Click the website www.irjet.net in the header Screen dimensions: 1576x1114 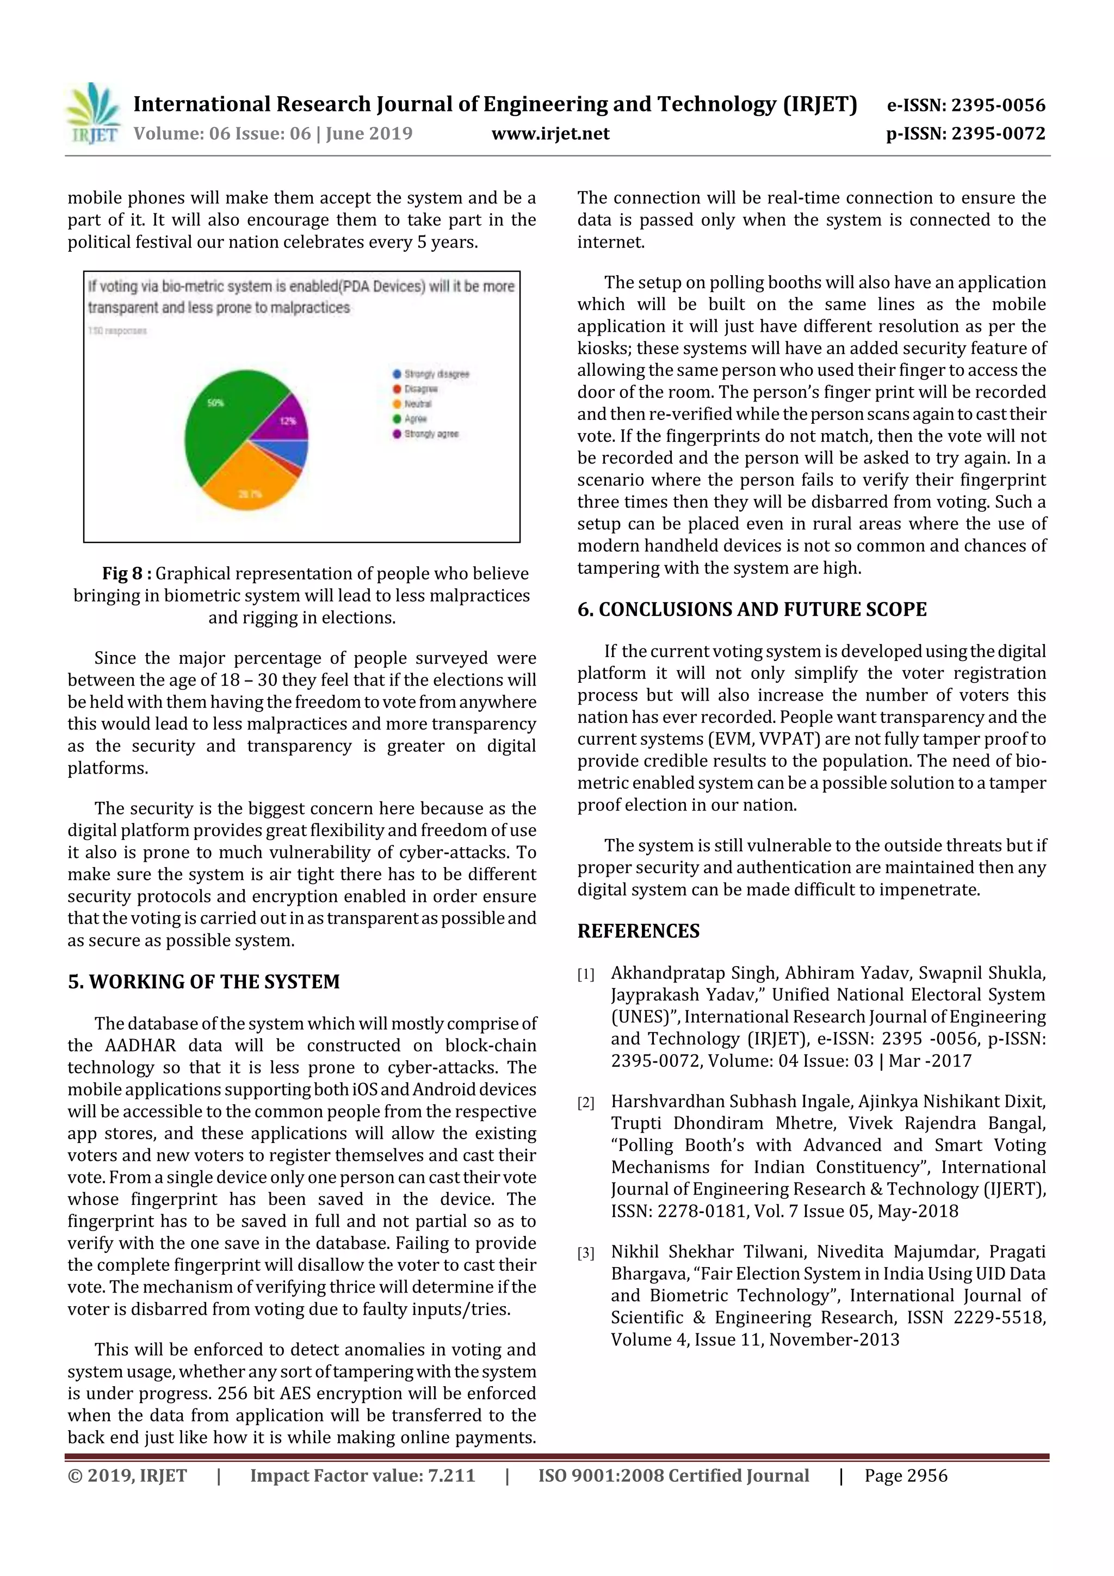pos(550,133)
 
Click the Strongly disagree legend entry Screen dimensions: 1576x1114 pos(430,374)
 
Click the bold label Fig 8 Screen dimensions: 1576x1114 pos(126,573)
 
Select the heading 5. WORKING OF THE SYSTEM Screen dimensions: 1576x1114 pos(204,981)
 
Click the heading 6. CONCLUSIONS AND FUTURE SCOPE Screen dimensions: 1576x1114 pos(752,609)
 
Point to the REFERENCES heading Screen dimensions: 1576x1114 pos(639,931)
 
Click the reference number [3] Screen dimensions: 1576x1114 pos(585,1253)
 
